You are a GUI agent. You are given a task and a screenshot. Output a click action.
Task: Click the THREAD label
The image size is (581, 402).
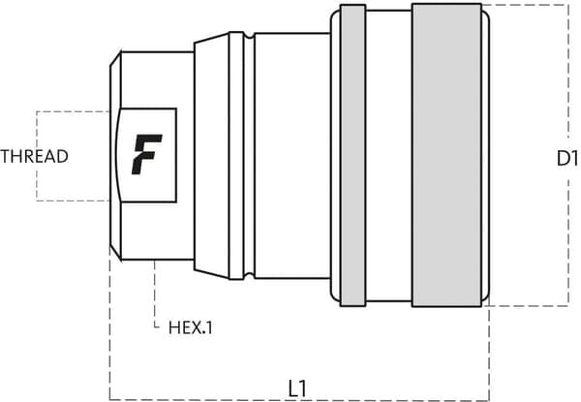tap(34, 156)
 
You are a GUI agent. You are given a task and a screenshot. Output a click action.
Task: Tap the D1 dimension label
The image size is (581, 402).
tap(567, 159)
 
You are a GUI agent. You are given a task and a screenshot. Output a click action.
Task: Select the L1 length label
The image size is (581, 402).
tap(297, 388)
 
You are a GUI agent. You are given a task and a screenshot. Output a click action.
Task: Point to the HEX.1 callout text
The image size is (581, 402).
tap(191, 328)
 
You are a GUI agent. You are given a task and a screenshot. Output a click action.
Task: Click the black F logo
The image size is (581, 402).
tap(147, 154)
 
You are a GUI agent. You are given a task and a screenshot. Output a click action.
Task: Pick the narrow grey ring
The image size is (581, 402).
tap(352, 155)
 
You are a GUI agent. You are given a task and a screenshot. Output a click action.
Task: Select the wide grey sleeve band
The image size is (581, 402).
tap(446, 155)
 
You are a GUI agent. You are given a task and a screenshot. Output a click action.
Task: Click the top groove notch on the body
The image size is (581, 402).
tap(249, 35)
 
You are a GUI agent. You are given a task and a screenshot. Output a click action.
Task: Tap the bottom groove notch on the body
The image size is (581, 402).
tap(249, 276)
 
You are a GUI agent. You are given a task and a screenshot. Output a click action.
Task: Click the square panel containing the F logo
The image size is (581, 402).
tap(147, 155)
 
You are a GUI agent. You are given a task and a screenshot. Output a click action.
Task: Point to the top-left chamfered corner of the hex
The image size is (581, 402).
tap(115, 58)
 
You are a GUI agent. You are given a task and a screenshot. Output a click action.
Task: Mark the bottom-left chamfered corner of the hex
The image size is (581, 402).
tap(115, 253)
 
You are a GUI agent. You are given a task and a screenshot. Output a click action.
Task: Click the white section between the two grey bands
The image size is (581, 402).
tap(388, 156)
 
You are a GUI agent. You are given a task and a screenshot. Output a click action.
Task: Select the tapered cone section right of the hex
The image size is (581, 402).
tap(211, 156)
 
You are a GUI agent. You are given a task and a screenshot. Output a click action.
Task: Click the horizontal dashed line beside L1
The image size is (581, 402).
tap(299, 400)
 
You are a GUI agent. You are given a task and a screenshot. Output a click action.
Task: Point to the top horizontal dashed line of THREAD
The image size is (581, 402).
tap(73, 111)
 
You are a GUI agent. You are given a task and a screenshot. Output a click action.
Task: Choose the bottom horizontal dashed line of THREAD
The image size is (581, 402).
tap(73, 201)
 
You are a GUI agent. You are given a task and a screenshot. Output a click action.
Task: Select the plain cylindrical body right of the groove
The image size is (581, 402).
tap(292, 156)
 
